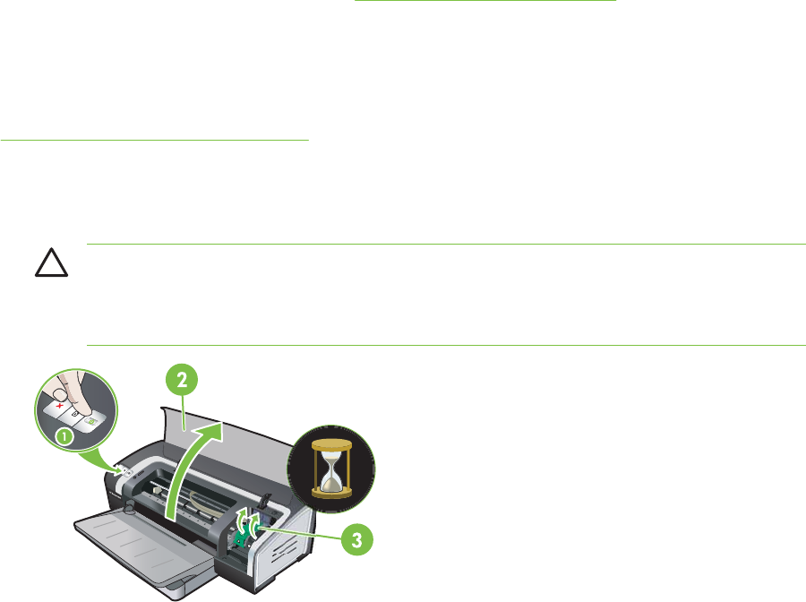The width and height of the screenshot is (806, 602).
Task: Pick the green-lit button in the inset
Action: [91, 419]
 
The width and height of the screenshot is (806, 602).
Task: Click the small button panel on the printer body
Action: [126, 469]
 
